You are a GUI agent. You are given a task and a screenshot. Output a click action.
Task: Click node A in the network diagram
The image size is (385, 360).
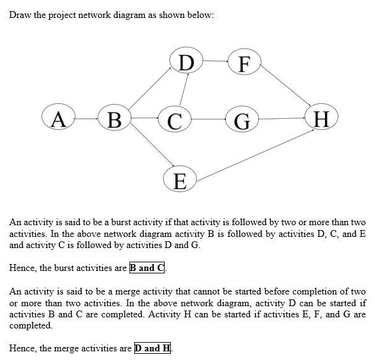[x=58, y=118]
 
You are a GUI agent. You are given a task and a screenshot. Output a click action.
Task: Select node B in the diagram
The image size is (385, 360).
[x=115, y=118]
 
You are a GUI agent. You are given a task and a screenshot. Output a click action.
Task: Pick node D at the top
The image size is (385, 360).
[x=186, y=62]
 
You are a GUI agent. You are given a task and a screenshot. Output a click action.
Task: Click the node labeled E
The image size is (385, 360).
[x=180, y=180]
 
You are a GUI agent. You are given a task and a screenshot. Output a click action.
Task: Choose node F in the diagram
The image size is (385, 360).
[x=244, y=62]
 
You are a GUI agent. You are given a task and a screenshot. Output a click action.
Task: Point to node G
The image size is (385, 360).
[x=242, y=119]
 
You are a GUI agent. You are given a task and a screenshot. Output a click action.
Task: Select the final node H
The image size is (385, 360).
[x=321, y=118]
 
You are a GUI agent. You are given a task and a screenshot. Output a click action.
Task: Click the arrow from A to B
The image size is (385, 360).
[x=87, y=118]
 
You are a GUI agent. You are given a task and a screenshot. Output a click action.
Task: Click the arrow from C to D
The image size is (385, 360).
[x=183, y=90]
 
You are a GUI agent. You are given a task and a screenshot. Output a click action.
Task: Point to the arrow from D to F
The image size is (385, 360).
[x=215, y=61]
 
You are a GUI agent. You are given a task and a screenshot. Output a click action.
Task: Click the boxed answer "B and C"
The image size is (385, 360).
[x=147, y=268]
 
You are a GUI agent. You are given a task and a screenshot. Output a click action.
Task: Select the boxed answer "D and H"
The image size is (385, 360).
[x=152, y=348]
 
